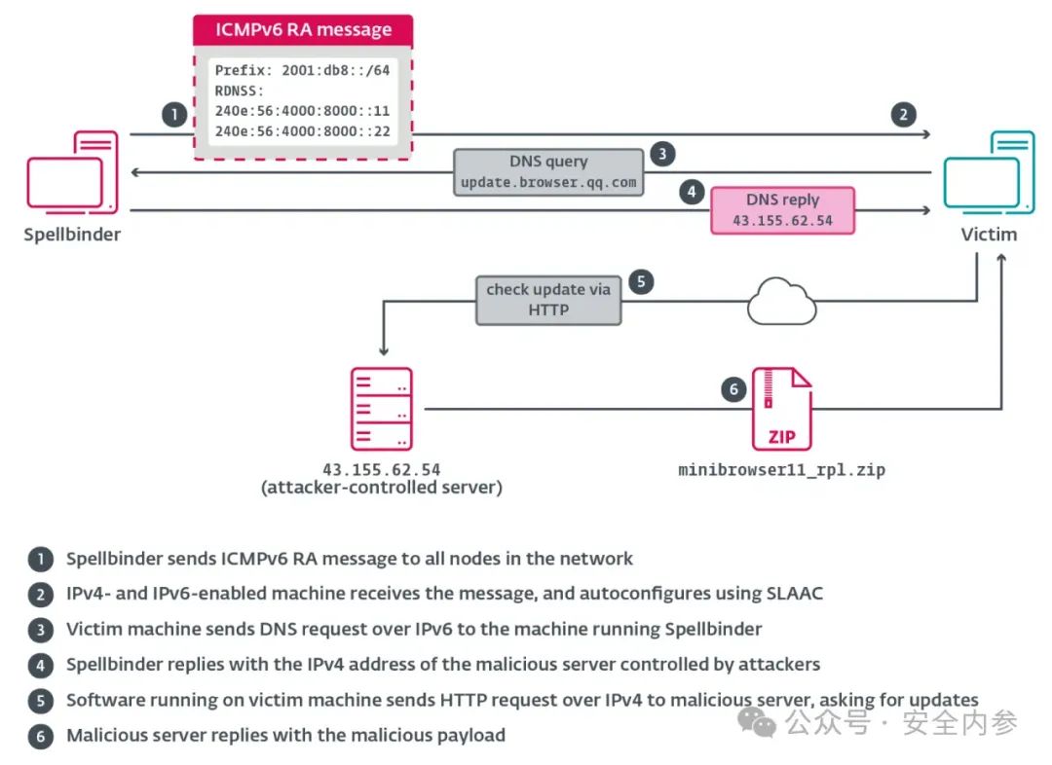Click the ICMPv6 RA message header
(x=303, y=30)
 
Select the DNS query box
(x=548, y=172)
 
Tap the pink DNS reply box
(x=782, y=210)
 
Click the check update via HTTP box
(x=548, y=301)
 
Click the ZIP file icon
(x=781, y=409)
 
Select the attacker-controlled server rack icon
(x=381, y=409)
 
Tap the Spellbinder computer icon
(x=72, y=173)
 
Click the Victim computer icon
(x=989, y=173)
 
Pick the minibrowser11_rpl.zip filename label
(x=781, y=470)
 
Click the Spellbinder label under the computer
(x=72, y=235)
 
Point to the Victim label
(x=989, y=235)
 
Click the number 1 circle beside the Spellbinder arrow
(x=174, y=115)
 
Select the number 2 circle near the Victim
(x=904, y=115)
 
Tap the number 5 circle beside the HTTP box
(x=641, y=281)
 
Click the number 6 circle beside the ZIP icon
(x=734, y=389)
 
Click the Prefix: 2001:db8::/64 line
(x=302, y=70)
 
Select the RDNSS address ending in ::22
(x=302, y=131)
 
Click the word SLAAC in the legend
(x=795, y=594)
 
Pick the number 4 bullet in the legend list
(x=41, y=665)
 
